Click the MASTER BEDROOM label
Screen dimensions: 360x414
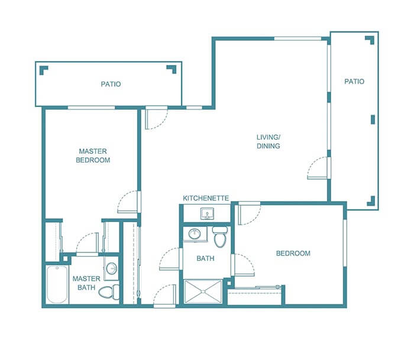pyautogui.click(x=93, y=155)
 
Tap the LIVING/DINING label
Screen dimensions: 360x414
pyautogui.click(x=268, y=141)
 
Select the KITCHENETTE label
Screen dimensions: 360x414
pyautogui.click(x=206, y=198)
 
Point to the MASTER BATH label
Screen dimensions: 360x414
pyautogui.click(x=84, y=283)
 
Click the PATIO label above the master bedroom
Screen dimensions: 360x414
pyautogui.click(x=110, y=84)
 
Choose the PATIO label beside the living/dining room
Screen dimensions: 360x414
pyautogui.click(x=354, y=82)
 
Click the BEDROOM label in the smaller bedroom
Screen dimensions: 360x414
pyautogui.click(x=293, y=254)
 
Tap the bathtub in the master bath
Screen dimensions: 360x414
pyautogui.click(x=58, y=284)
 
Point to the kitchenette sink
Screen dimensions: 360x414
pyautogui.click(x=207, y=213)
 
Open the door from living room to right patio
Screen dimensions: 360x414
pyautogui.click(x=319, y=168)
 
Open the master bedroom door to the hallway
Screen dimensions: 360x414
pyautogui.click(x=128, y=203)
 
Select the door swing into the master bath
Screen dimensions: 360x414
pyautogui.click(x=89, y=242)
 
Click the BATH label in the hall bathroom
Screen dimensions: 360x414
pyautogui.click(x=205, y=258)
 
